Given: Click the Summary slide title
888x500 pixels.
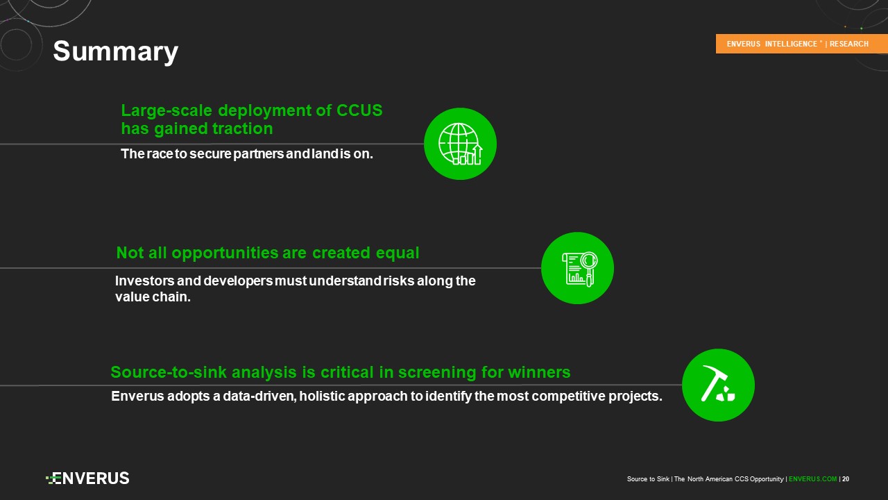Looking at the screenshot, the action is [115, 51].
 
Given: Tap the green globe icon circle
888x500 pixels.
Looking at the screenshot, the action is [460, 144].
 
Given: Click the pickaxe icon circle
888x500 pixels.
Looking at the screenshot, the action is [718, 385].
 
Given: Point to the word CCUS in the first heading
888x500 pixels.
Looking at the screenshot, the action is [359, 110].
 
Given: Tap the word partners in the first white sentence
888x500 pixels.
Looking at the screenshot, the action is [259, 154].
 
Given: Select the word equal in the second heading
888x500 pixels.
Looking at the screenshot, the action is [398, 253].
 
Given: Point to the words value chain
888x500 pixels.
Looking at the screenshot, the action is [153, 297].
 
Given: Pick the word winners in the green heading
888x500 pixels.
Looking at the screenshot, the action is [539, 372].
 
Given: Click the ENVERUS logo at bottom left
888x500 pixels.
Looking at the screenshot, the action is [87, 478].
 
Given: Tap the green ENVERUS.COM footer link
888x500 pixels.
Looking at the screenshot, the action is [812, 479].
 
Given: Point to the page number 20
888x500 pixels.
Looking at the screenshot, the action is [846, 479].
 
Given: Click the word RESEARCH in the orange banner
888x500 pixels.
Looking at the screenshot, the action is [848, 44].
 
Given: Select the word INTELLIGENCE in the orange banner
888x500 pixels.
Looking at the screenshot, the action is [791, 44].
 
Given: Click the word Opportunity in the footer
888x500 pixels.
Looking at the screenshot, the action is [767, 479].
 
